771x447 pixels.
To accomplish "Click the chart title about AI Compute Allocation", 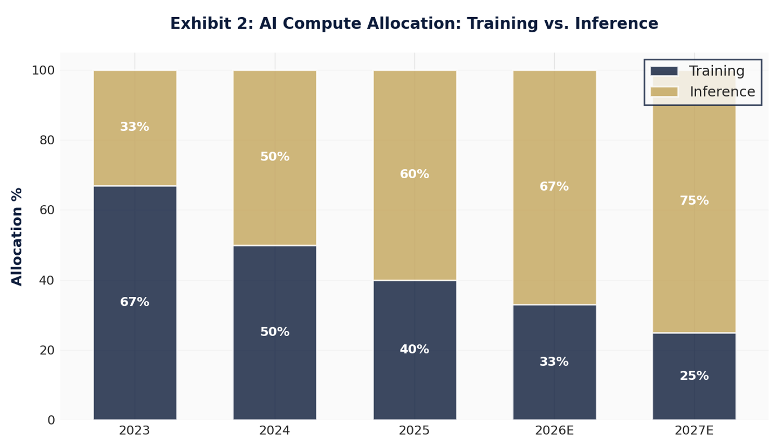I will coord(414,24).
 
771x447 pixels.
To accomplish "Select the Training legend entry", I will coord(697,71).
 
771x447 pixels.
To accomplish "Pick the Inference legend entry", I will coord(702,92).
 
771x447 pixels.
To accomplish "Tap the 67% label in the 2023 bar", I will coord(135,302).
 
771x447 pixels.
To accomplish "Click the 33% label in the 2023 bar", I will coord(135,127).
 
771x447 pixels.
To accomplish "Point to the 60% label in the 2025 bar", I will coord(415,175).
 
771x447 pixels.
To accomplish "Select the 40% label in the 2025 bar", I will coord(415,350).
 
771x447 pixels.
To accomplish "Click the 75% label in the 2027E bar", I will coord(694,201).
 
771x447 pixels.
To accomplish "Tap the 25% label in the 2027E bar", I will coord(694,376).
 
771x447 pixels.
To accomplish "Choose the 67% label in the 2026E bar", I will coord(554,187).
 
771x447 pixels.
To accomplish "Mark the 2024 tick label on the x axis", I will coord(275,431).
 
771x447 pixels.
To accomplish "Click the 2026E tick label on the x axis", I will coord(554,431).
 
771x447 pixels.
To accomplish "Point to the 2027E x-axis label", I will coord(694,431).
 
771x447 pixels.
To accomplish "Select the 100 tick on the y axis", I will coord(43,70).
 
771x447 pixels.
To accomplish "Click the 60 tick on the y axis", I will coord(47,210).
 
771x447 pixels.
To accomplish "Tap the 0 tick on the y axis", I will coord(51,420).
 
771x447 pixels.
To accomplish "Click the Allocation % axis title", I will coord(17,237).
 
